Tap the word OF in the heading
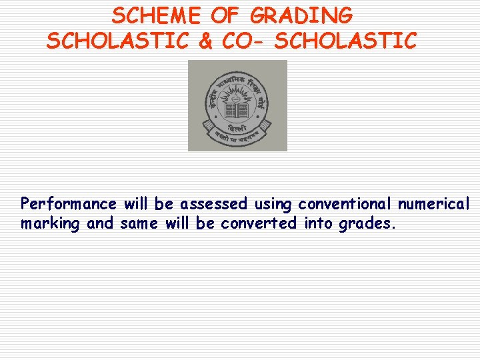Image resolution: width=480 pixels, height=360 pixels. pyautogui.click(x=229, y=15)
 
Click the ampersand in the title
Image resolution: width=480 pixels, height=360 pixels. pyautogui.click(x=205, y=41)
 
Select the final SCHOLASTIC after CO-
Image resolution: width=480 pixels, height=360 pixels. pyautogui.click(x=345, y=41)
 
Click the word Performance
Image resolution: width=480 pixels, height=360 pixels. pyautogui.click(x=69, y=203)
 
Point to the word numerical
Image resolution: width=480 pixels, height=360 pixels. pyautogui.click(x=434, y=203)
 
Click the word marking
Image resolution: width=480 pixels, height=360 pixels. pyautogui.click(x=50, y=224)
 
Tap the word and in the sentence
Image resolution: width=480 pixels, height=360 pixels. pyautogui.click(x=101, y=223)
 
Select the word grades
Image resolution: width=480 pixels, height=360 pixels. pyautogui.click(x=367, y=224)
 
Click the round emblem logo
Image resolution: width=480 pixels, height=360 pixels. pyautogui.click(x=237, y=105)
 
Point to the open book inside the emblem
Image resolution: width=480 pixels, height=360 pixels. pyautogui.click(x=237, y=110)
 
